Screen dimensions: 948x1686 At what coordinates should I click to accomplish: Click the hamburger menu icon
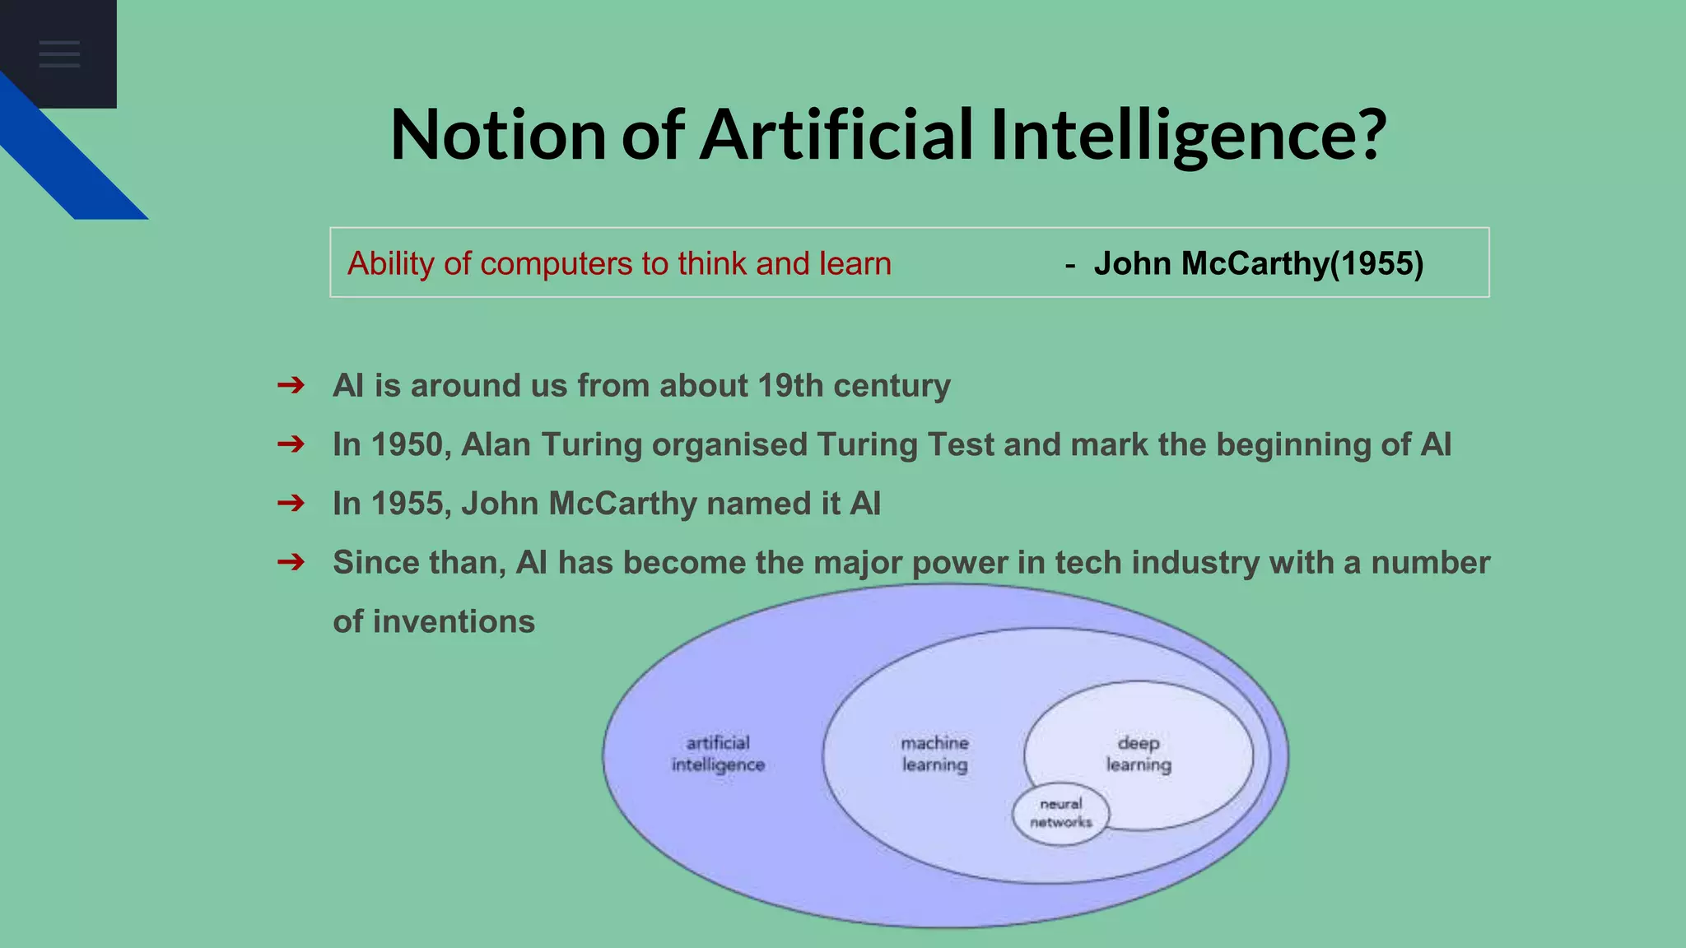pyautogui.click(x=59, y=54)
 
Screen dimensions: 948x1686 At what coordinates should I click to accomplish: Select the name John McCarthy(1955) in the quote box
pyautogui.click(x=1258, y=263)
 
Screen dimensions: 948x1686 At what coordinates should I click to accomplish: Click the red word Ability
pyautogui.click(x=391, y=264)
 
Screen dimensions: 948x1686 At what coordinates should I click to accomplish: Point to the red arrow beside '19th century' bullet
pyautogui.click(x=291, y=385)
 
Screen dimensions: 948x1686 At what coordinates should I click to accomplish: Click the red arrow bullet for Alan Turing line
pyautogui.click(x=291, y=444)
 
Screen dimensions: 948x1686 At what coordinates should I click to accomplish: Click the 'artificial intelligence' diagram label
pyautogui.click(x=718, y=754)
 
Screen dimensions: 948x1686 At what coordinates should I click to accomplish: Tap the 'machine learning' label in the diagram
pyautogui.click(x=934, y=754)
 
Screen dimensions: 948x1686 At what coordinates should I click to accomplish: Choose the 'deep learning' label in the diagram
pyautogui.click(x=1139, y=754)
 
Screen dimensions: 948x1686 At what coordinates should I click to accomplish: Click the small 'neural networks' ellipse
pyautogui.click(x=1060, y=813)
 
